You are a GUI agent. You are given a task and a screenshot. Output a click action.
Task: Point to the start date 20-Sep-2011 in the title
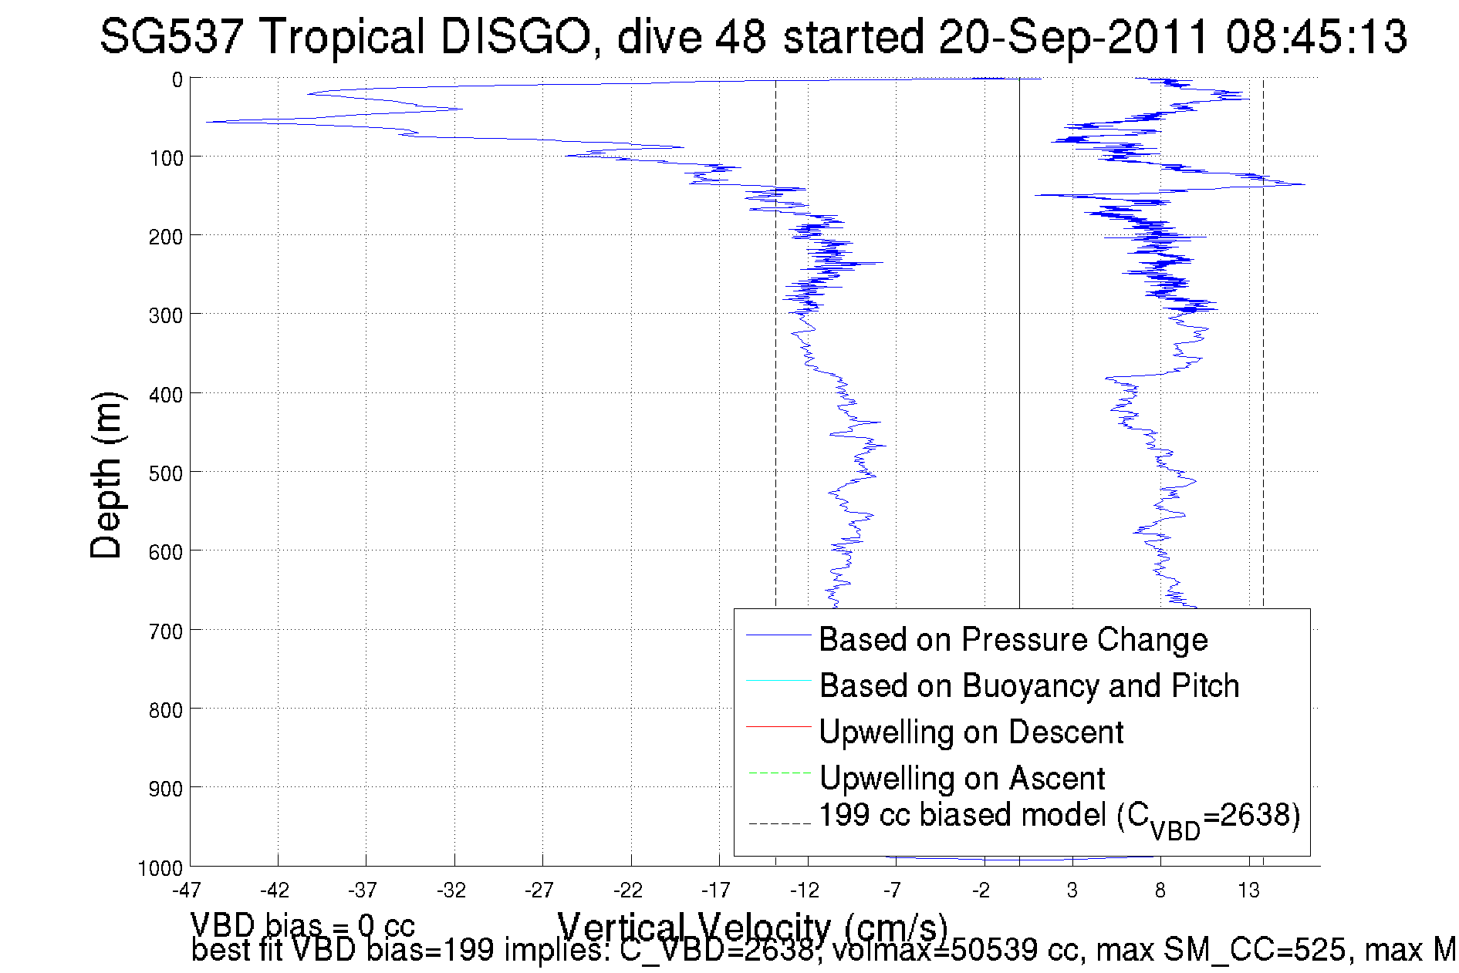pos(1073,37)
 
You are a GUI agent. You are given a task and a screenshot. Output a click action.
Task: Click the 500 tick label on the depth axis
pos(166,473)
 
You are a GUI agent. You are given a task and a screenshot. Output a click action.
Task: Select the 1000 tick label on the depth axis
pos(160,868)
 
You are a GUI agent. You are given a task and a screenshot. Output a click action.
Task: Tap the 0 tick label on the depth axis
pos(177,79)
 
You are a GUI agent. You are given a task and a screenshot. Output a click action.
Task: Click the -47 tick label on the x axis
pos(187,891)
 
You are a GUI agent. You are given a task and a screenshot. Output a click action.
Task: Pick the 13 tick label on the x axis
pos(1248,891)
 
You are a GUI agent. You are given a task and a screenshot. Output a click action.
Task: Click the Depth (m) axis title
pos(106,475)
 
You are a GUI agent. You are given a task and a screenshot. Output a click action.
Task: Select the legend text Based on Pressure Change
pos(1013,640)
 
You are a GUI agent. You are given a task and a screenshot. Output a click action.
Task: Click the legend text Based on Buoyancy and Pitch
pos(1029,686)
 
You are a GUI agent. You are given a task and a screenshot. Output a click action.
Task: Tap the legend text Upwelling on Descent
pos(971,732)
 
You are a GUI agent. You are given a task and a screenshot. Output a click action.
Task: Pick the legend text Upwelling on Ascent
pos(962,779)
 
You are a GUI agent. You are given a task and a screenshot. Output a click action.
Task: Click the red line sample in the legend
pos(778,726)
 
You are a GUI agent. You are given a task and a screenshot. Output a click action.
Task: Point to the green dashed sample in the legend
pos(778,773)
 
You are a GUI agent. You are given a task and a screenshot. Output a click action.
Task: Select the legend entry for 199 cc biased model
pos(1059,817)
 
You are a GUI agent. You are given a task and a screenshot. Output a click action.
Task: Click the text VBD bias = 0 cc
pos(302,925)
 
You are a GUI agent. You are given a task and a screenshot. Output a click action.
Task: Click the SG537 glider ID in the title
pos(171,37)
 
